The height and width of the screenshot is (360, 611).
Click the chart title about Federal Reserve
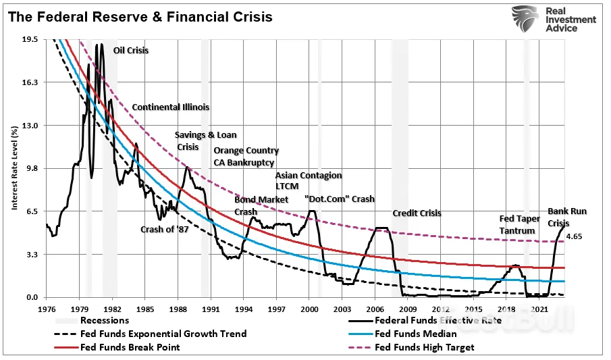coord(140,17)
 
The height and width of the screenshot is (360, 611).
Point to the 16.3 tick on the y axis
coord(30,82)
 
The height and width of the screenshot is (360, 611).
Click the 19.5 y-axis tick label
coord(30,39)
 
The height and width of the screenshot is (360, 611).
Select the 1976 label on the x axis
coord(47,309)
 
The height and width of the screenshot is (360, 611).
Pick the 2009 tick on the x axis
coord(408,309)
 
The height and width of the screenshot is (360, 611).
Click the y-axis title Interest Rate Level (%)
coord(14,168)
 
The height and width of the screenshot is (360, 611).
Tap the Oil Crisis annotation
coord(131,50)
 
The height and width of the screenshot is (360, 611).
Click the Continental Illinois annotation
coord(171,107)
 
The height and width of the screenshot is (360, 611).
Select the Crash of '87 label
coord(165,230)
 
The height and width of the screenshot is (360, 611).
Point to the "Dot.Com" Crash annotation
coord(340,199)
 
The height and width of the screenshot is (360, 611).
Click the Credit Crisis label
coord(417,213)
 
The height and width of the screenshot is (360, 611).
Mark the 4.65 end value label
coord(574,236)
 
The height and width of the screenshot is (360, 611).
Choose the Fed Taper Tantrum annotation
coord(519,225)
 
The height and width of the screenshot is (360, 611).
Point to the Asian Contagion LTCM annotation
coord(309,180)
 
